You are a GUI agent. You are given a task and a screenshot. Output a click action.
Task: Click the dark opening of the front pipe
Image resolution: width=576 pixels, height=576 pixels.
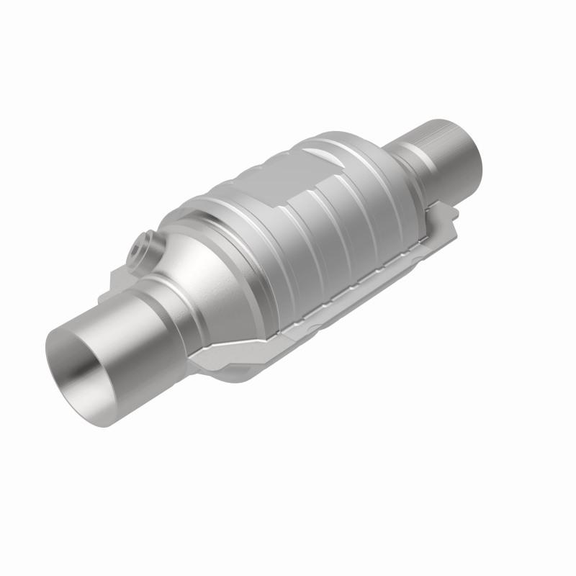[x=81, y=367]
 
